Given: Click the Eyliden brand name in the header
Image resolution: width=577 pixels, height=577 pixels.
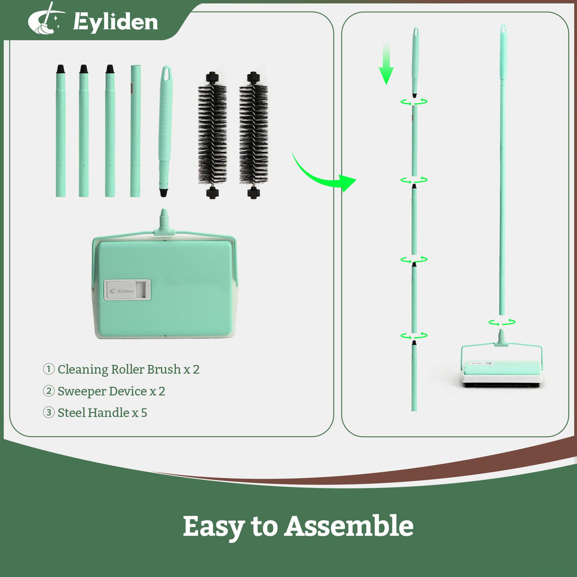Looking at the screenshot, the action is pyautogui.click(x=116, y=22).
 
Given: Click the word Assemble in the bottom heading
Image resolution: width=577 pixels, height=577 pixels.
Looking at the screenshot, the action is pyautogui.click(x=348, y=526).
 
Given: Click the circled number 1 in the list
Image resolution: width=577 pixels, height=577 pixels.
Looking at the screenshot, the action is pyautogui.click(x=48, y=369).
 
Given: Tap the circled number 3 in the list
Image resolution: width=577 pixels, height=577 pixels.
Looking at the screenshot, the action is pyautogui.click(x=48, y=412).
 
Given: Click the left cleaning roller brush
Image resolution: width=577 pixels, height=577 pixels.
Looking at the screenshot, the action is pyautogui.click(x=212, y=135).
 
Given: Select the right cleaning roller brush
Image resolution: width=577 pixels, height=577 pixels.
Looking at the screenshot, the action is pyautogui.click(x=254, y=135).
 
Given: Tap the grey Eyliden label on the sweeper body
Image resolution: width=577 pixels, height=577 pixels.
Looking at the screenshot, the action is pyautogui.click(x=127, y=290).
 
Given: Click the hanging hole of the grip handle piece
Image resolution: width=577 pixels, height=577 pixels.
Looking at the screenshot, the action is pyautogui.click(x=166, y=74).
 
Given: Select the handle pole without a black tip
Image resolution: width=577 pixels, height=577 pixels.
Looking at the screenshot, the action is pyautogui.click(x=135, y=131).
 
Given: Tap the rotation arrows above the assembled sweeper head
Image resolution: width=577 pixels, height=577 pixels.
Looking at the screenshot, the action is pyautogui.click(x=502, y=323).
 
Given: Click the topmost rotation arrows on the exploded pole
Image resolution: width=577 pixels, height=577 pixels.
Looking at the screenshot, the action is pyautogui.click(x=414, y=101).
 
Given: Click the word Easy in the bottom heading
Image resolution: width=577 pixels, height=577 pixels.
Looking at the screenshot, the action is pyautogui.click(x=214, y=527).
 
